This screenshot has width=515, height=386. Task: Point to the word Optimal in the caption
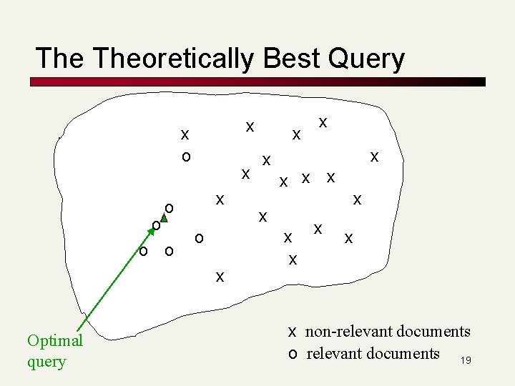(x=55, y=340)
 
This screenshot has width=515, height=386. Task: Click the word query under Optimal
(x=46, y=361)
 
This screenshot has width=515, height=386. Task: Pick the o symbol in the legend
(x=292, y=354)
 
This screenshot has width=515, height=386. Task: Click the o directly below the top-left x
(x=185, y=156)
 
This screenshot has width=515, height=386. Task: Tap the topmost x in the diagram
(x=323, y=123)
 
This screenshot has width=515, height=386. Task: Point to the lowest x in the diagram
(x=220, y=276)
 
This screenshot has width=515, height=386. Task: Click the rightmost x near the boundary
(x=374, y=156)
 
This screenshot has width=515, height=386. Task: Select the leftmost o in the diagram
(x=144, y=251)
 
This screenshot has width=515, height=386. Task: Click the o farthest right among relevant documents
(x=199, y=237)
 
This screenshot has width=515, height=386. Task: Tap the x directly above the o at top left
(x=185, y=134)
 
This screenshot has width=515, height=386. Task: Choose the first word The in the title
(x=59, y=59)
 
